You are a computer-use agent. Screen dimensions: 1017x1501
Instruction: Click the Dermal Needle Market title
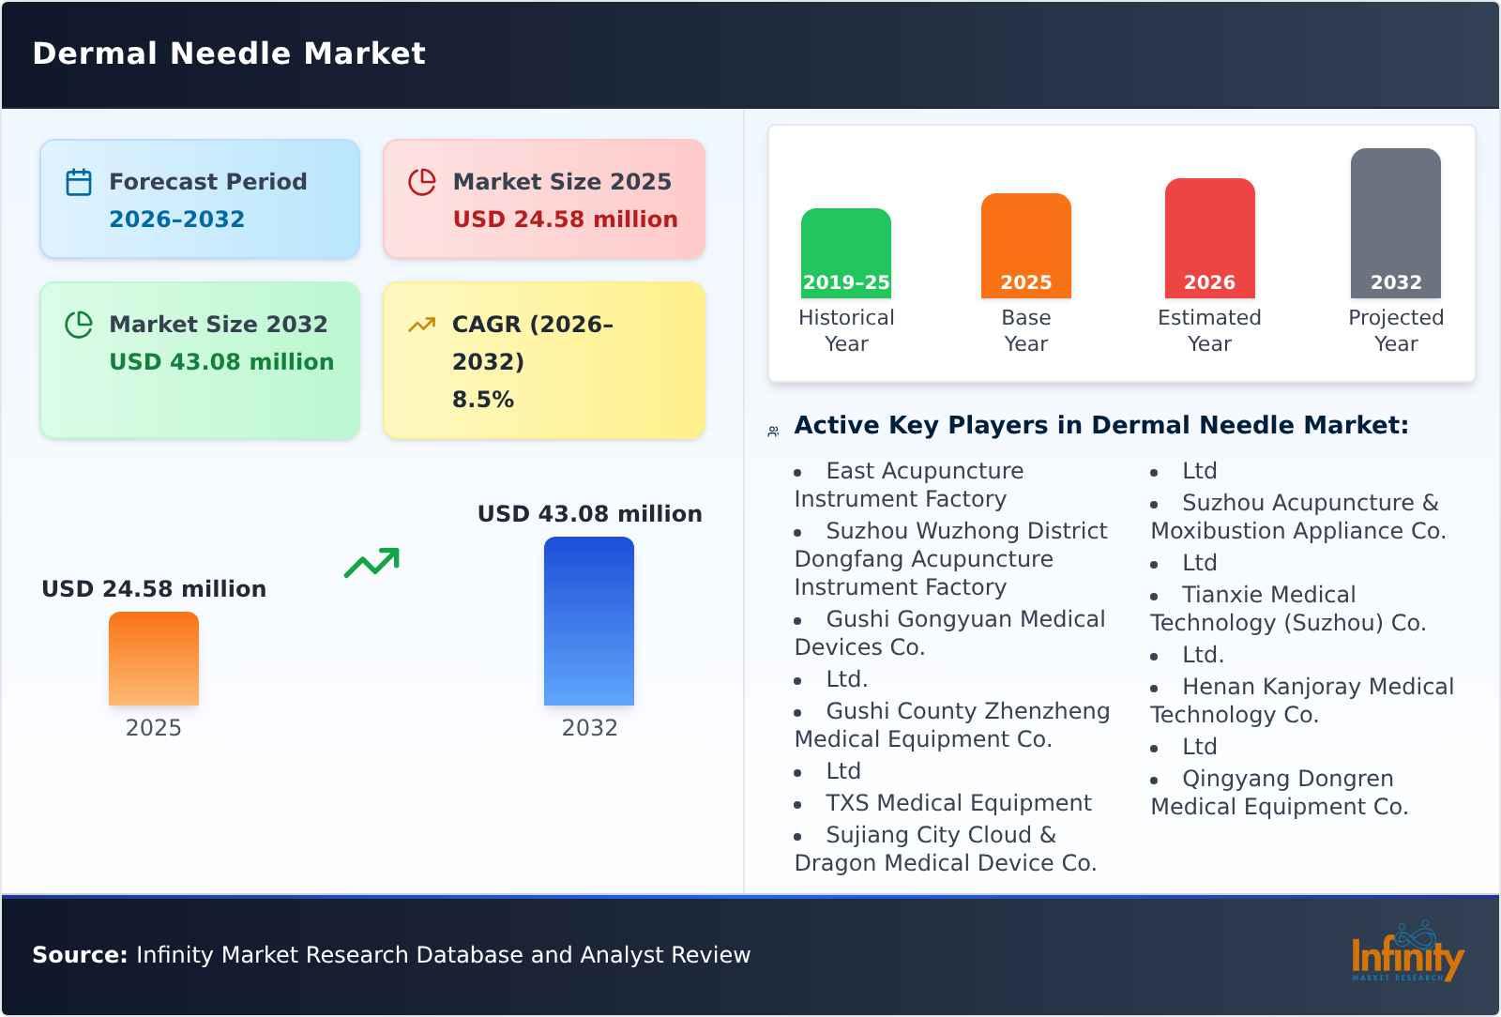(229, 53)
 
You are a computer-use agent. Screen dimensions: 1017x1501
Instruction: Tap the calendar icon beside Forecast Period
(79, 182)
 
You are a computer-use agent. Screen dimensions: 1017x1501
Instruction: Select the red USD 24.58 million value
(565, 220)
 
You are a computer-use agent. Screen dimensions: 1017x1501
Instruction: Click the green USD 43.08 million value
(221, 362)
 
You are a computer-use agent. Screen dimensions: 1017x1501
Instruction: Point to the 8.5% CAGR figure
(482, 400)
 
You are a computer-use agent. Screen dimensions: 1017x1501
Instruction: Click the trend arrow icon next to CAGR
(421, 325)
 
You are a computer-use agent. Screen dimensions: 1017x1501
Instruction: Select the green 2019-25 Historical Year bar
(845, 253)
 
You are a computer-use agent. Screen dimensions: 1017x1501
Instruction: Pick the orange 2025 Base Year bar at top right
(1025, 246)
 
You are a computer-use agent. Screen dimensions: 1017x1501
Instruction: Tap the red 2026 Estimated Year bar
(1209, 238)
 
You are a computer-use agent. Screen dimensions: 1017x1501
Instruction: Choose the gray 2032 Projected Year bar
(1395, 223)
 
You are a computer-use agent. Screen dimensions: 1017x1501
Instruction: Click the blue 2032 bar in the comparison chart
(589, 621)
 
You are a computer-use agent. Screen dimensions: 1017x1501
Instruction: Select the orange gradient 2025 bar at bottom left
(154, 659)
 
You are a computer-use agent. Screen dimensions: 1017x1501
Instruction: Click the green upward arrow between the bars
(371, 562)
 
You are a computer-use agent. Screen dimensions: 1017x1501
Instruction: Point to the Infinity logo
(1406, 953)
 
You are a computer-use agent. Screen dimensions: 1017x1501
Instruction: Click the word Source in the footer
(80, 955)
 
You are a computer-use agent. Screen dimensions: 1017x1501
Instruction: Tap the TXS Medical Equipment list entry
(958, 803)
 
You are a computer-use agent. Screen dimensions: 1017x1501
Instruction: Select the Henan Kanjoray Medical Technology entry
(1302, 701)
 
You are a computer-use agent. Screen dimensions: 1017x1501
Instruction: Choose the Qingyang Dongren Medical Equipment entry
(1280, 793)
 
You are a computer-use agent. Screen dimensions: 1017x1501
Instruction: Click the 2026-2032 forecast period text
(176, 220)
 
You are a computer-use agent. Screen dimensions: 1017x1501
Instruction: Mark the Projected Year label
(1395, 330)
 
